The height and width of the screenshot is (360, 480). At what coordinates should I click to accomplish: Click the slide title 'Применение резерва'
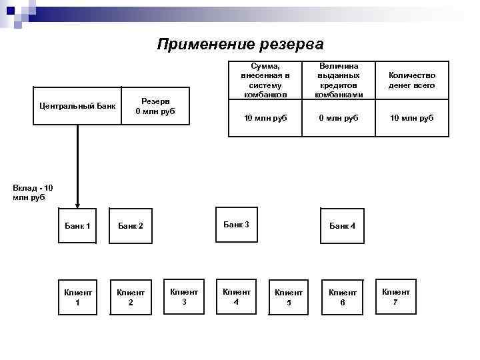240,45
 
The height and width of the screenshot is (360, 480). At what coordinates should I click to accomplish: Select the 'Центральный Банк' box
77,105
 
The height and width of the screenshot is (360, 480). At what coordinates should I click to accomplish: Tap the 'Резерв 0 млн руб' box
155,105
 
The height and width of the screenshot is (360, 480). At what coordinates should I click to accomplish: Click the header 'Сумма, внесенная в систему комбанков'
265,81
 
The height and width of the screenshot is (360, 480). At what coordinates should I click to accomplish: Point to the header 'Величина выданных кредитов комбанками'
339,81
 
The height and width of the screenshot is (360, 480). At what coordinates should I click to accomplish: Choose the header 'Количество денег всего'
413,81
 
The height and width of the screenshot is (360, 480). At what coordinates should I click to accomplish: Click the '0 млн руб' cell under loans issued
339,118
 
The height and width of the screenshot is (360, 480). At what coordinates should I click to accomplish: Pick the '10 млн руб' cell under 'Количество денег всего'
413,118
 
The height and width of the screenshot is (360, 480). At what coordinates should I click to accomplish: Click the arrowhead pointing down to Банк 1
78,204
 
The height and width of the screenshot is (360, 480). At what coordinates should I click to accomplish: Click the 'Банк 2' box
131,226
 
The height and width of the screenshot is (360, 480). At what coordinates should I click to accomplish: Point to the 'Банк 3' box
237,224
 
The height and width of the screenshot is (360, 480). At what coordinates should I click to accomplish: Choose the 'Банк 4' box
342,226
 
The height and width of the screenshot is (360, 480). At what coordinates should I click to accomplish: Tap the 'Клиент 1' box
77,297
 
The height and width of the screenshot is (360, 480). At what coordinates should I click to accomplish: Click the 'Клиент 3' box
184,296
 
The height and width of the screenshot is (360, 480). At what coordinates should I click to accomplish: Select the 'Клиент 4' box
237,296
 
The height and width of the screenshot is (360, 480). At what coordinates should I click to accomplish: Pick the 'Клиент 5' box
289,297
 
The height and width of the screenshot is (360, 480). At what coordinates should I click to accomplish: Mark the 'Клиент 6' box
342,297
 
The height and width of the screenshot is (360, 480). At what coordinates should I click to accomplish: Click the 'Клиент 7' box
395,296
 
